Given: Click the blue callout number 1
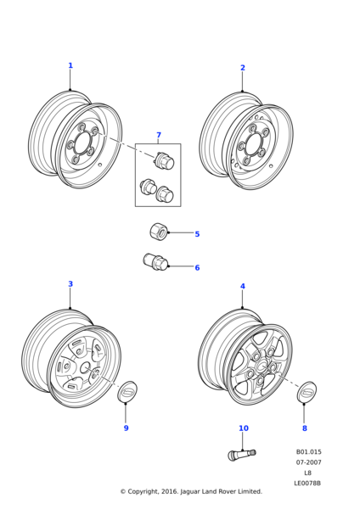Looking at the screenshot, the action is click(70, 65).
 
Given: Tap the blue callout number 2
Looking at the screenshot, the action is click(243, 68).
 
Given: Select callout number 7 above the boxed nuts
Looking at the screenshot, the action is click(159, 135).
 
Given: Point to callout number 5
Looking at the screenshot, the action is click(197, 234).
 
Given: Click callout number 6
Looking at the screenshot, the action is click(197, 267).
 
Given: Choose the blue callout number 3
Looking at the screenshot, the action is click(70, 284).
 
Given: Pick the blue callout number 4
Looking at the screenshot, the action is click(243, 287).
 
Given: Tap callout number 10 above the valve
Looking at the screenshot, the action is click(244, 428).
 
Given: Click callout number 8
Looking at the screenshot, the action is click(305, 428).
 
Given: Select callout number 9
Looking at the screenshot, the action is click(126, 428).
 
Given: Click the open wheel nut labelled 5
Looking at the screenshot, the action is click(159, 232).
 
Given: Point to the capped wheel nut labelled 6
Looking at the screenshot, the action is click(155, 261).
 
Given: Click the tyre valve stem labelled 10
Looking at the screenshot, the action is click(242, 454).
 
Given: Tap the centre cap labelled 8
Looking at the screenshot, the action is click(307, 392).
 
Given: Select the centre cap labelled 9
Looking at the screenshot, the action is click(127, 392).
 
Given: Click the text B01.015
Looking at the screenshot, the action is click(308, 452).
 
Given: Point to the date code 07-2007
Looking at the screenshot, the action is click(308, 462).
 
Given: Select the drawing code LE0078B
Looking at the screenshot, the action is click(307, 484).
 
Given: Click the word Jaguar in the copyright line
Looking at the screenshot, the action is click(190, 491).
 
